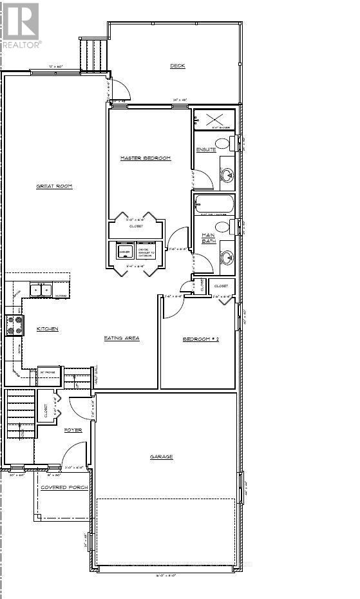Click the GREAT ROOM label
coord(54,186)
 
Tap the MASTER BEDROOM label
coord(146,158)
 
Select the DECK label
coord(178,66)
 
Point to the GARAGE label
coord(162,457)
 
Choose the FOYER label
coord(73,430)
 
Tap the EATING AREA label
coord(122,338)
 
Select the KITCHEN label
coord(48,328)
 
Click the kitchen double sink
coord(39,290)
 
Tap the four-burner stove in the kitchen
coord(14,325)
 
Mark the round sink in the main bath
coord(227,258)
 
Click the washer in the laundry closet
coord(124,251)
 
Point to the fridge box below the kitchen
coord(49,376)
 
